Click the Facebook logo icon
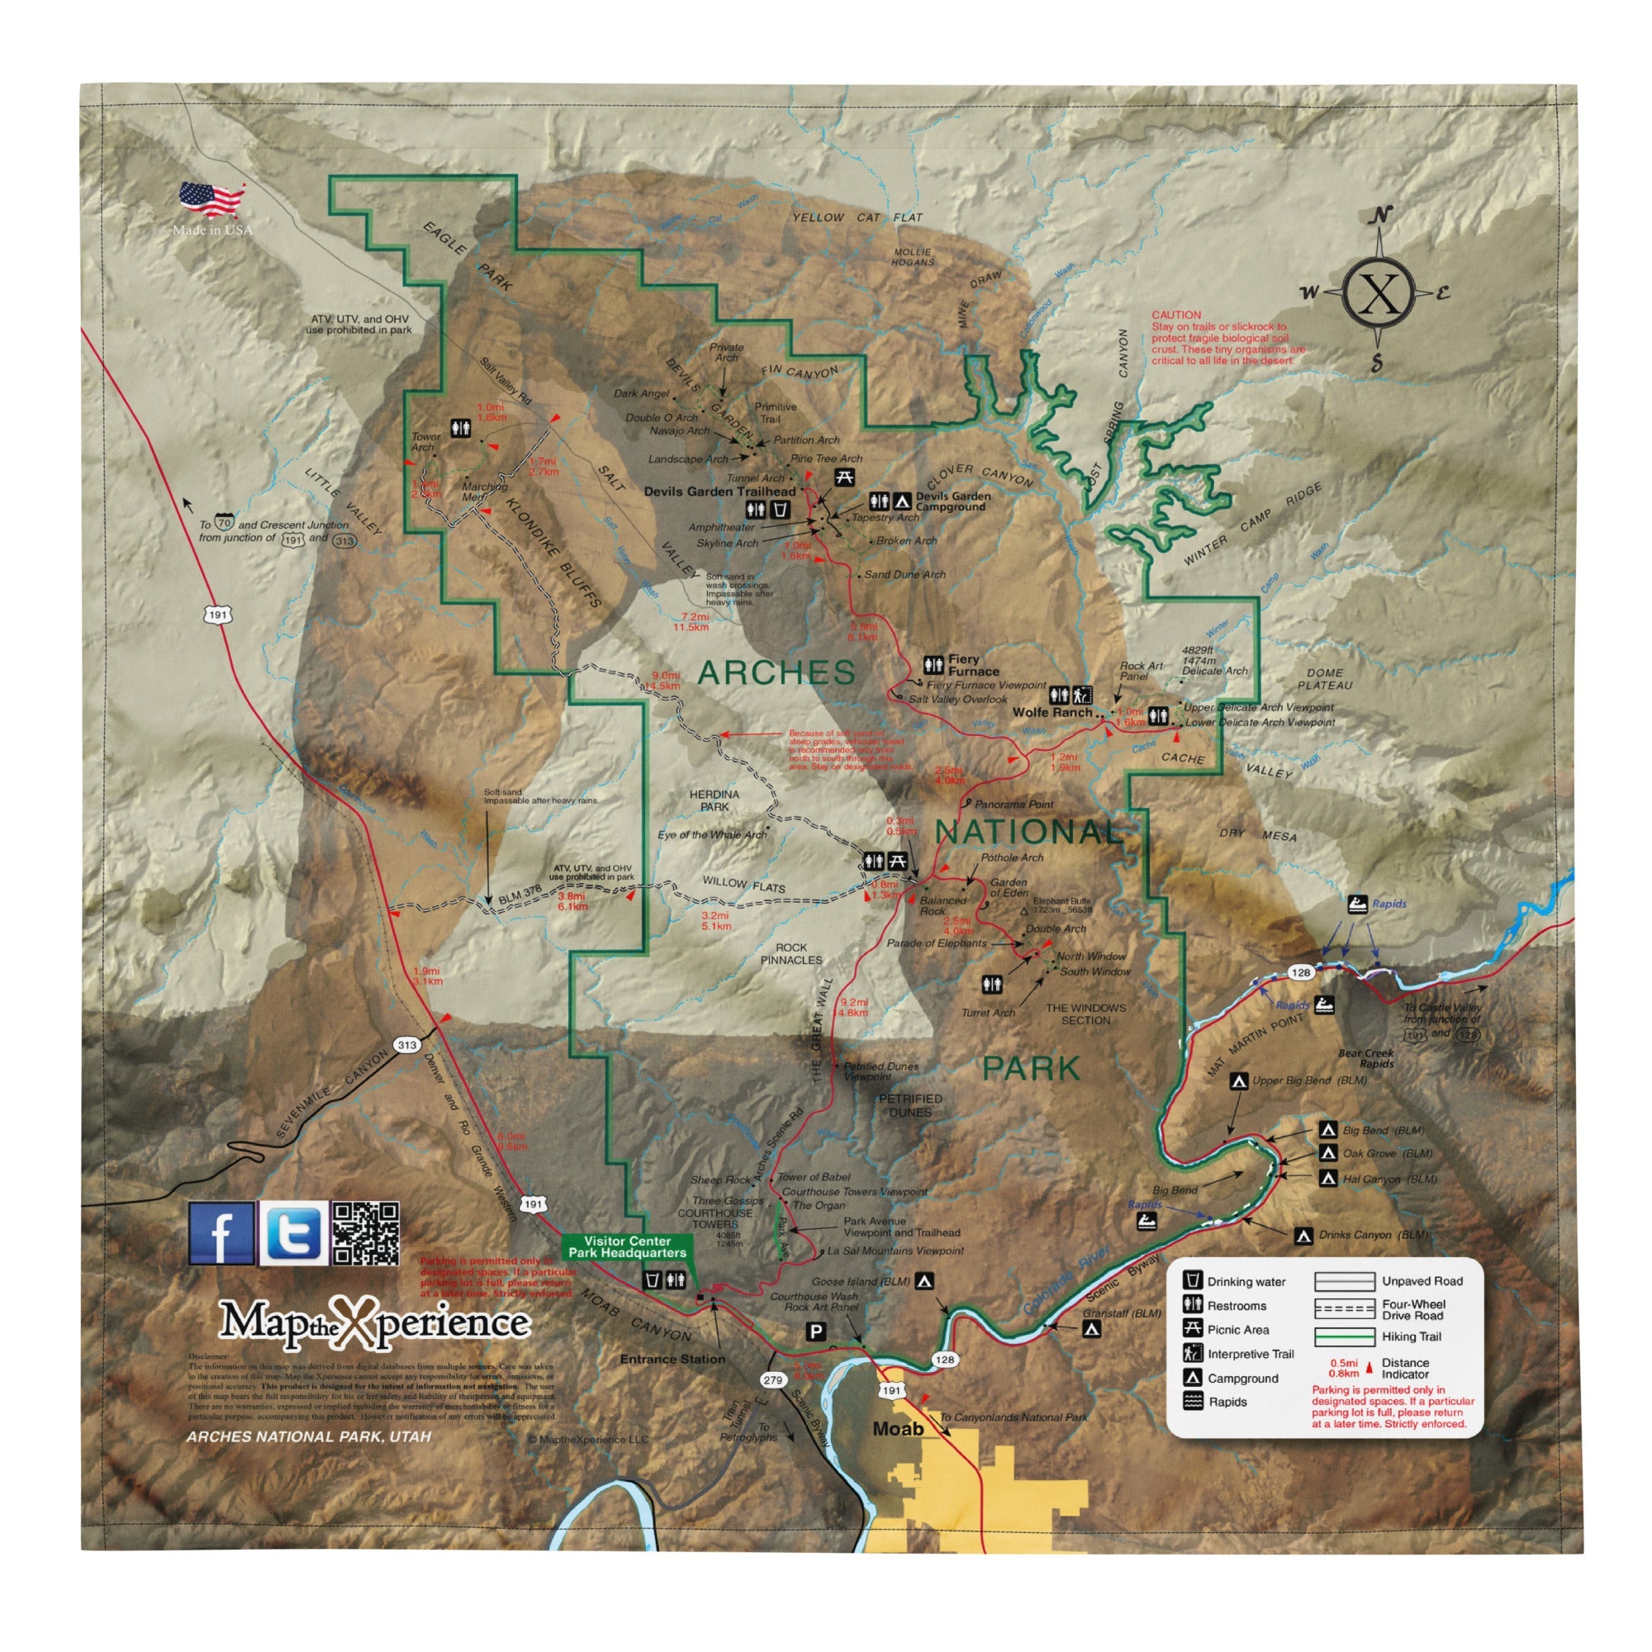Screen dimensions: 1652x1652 [x=221, y=1233]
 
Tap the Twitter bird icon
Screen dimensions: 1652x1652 [x=293, y=1233]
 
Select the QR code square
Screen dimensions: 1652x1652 [x=365, y=1233]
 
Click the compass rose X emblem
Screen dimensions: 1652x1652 [x=1379, y=292]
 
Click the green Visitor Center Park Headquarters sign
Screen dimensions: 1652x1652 [x=627, y=1246]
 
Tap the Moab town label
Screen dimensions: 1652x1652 [x=898, y=1429]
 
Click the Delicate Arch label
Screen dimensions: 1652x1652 [x=1214, y=672]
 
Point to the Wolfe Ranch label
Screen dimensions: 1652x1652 [x=1051, y=712]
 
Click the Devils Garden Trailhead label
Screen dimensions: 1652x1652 [x=719, y=491]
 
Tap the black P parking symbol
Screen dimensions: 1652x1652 [x=817, y=1332]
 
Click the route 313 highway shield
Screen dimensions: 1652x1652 [x=407, y=1045]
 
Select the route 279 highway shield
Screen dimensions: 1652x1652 [x=772, y=1380]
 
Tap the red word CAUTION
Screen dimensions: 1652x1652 [x=1175, y=316]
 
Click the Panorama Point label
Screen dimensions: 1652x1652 [x=1014, y=805]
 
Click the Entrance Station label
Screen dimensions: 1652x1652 [x=672, y=1360]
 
